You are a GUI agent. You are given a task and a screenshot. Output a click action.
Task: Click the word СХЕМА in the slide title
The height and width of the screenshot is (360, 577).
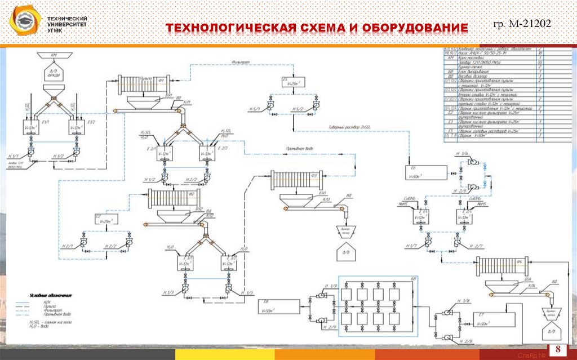tap(327, 28)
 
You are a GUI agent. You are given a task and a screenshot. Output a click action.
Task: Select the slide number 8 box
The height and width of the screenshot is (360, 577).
tap(558, 348)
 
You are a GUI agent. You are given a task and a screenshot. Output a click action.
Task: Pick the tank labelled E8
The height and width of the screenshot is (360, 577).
tap(278, 307)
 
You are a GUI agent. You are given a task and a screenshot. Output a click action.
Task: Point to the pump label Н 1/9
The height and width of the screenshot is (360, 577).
tap(333, 287)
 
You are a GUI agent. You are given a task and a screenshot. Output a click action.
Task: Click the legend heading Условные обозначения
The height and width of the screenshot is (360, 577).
tap(52, 295)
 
